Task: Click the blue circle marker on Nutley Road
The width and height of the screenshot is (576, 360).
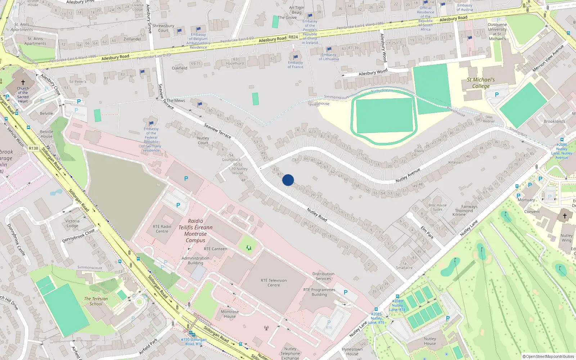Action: [x=288, y=180]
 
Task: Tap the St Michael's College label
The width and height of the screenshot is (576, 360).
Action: [x=481, y=83]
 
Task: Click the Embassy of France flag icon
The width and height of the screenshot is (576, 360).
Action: [x=296, y=57]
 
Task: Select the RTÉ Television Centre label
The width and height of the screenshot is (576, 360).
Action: [x=274, y=283]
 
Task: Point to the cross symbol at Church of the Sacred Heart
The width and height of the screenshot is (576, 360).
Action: [x=23, y=82]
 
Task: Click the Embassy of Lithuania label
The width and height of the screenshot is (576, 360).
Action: [x=329, y=57]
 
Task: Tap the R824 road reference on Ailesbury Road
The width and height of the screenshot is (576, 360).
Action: [x=293, y=37]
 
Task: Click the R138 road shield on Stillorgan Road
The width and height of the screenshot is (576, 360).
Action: [x=33, y=148]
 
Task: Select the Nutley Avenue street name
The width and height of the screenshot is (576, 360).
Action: [x=408, y=175]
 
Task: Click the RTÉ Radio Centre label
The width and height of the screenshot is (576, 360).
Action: [x=162, y=229]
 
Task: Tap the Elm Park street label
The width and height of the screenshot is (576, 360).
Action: [x=427, y=232]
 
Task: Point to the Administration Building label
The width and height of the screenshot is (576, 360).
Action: [x=195, y=260]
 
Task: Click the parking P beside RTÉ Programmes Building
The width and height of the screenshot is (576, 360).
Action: [x=346, y=292]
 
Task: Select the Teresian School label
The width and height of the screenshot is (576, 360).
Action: [x=96, y=301]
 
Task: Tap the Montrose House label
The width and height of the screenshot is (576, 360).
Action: [x=230, y=314]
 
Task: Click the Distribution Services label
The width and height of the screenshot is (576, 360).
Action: [x=323, y=276]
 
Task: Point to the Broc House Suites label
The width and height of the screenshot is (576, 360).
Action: [x=437, y=207]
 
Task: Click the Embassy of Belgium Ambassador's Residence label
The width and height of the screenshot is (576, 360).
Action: [x=198, y=41]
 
